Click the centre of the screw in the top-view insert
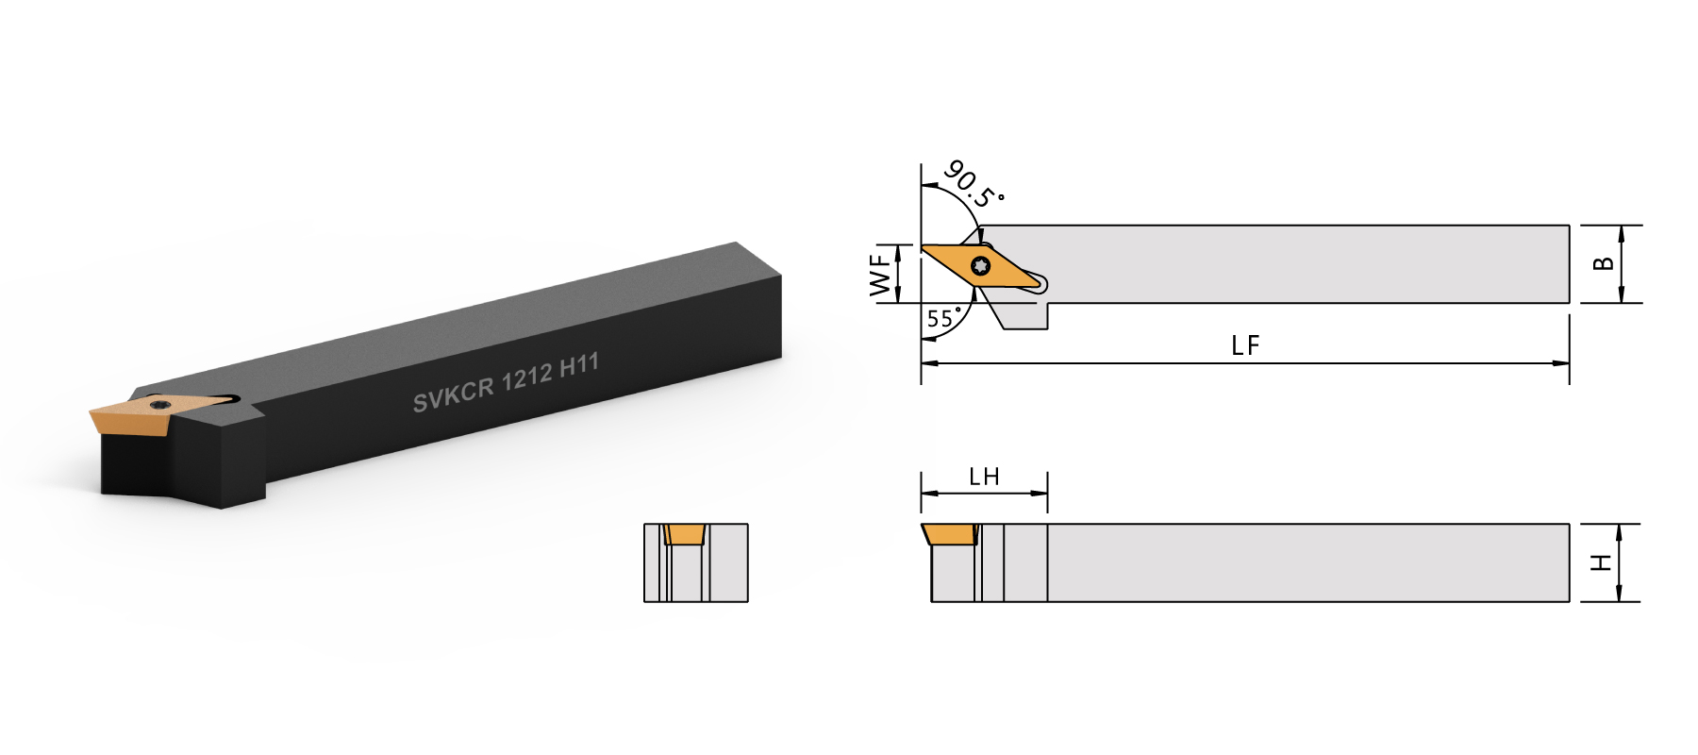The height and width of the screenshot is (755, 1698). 981,266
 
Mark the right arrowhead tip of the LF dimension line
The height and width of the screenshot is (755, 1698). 1569,363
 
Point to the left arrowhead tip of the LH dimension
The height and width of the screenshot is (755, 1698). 922,493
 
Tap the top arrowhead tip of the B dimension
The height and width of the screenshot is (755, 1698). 1622,226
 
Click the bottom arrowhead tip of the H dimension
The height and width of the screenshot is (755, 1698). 1619,601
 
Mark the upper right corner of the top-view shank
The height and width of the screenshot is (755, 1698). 1569,226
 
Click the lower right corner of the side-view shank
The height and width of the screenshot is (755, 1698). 1569,601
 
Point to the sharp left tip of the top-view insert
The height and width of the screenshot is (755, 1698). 922,248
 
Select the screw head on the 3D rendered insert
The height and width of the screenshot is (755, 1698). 159,405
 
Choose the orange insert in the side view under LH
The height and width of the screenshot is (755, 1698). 951,534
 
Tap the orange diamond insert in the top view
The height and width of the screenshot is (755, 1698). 981,266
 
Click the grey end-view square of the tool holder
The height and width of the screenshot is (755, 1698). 696,562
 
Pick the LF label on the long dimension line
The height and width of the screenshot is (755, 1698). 1245,345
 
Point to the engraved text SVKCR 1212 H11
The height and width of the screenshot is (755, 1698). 506,382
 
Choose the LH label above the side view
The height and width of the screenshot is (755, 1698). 984,477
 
